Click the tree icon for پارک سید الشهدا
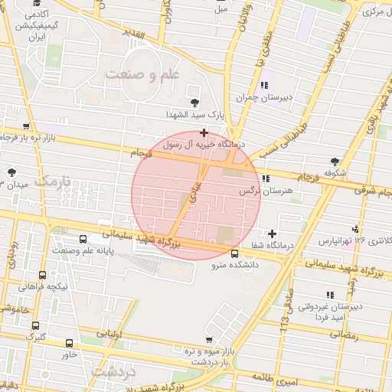click(194, 102)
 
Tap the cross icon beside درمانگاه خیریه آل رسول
click(204, 133)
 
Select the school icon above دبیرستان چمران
click(265, 85)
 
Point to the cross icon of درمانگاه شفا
click(272, 233)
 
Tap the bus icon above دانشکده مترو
click(234, 253)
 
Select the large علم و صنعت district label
click(142, 73)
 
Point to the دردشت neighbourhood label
click(113, 371)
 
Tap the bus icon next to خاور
click(70, 344)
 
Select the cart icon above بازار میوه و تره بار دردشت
click(209, 339)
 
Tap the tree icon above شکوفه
click(335, 161)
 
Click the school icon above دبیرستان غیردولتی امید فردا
click(330, 294)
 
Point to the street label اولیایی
click(110, 333)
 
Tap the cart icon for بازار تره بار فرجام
click(27, 126)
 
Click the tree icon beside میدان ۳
click(11, 172)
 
